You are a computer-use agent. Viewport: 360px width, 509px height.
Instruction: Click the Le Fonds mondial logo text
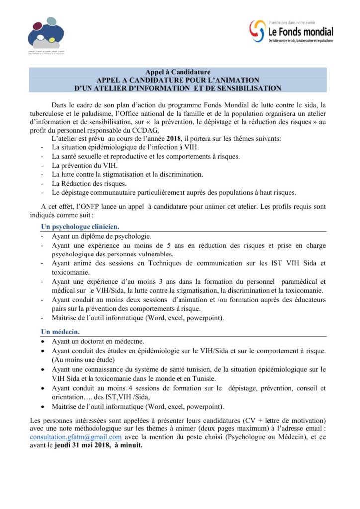pyautogui.click(x=300, y=32)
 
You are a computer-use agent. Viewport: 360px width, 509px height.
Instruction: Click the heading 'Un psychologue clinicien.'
pyautogui.click(x=80, y=227)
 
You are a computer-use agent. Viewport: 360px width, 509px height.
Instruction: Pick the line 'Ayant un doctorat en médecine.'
pyautogui.click(x=98, y=342)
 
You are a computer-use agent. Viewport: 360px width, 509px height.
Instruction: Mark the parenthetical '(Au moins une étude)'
pyautogui.click(x=85, y=359)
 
